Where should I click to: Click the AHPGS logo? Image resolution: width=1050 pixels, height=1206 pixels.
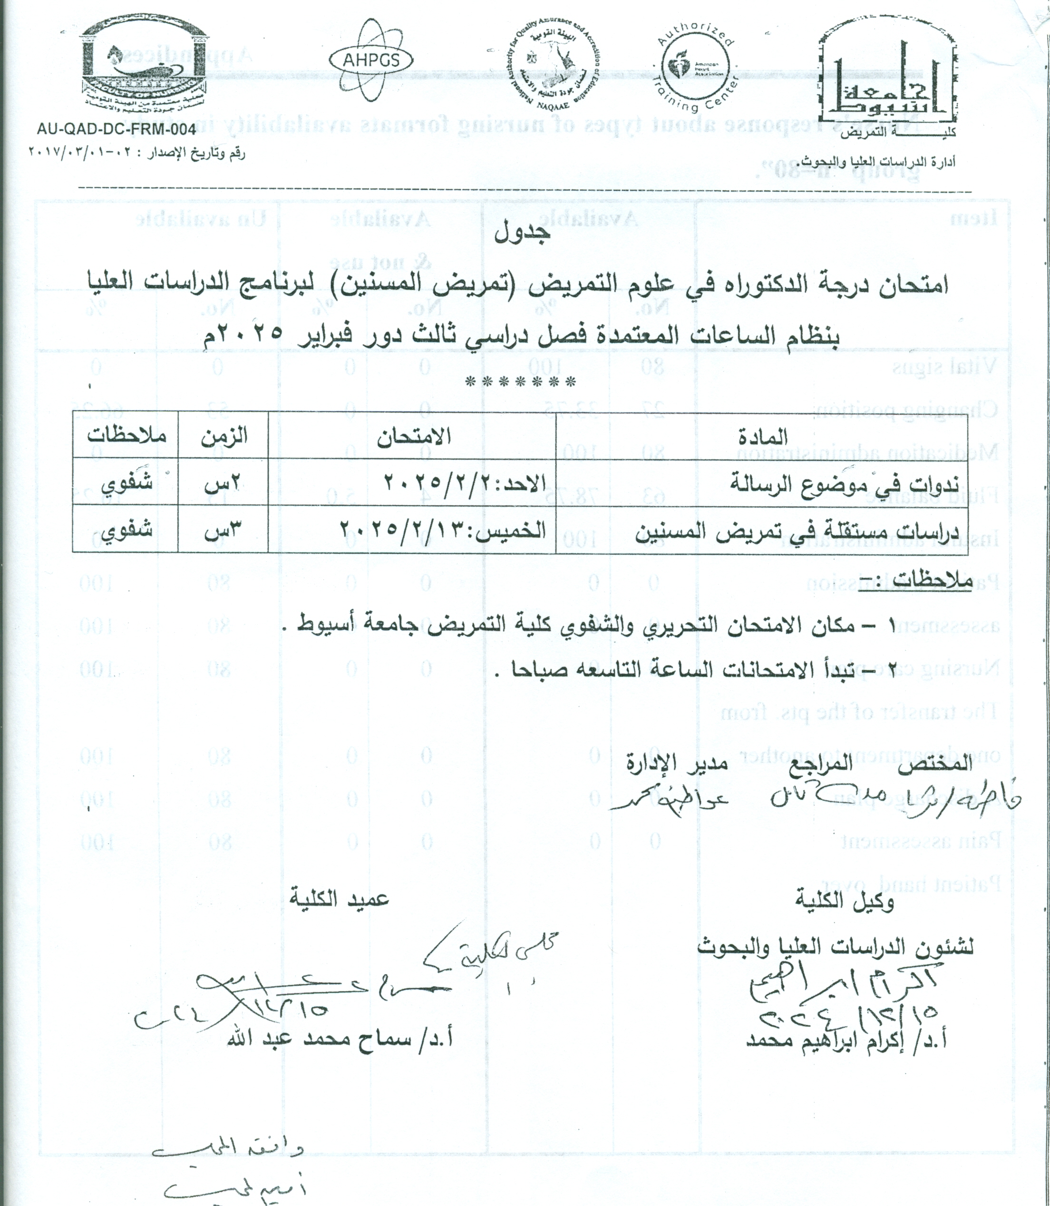(x=371, y=60)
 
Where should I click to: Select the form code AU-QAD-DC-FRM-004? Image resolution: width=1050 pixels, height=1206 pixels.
(x=116, y=129)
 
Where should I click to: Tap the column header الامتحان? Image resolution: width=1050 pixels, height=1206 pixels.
(x=413, y=436)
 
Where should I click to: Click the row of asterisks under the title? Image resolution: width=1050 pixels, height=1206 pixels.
(x=520, y=383)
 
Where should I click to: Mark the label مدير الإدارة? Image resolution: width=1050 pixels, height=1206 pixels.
(x=676, y=764)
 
